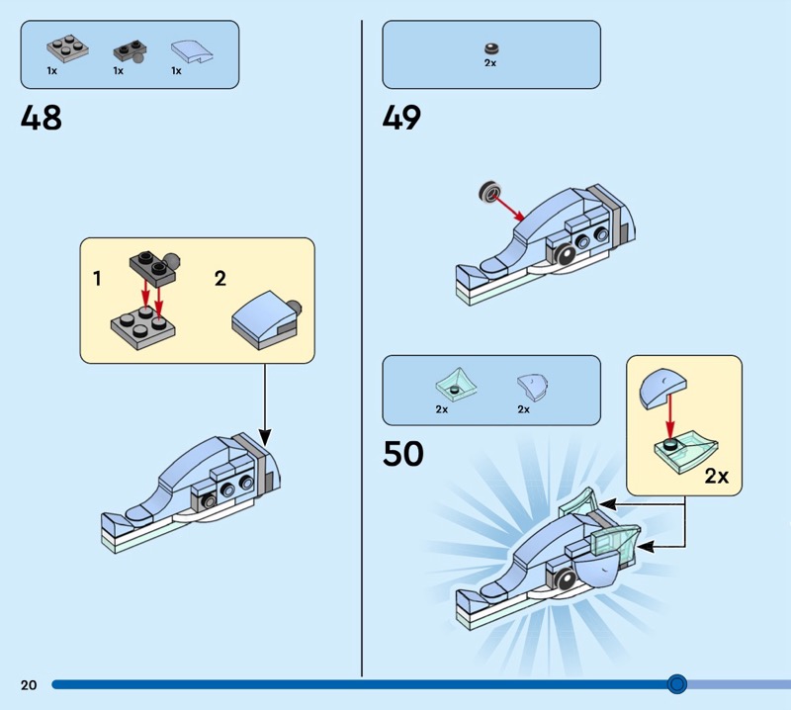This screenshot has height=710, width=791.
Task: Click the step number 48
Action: [x=41, y=118]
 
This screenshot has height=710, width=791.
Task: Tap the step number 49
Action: [x=401, y=118]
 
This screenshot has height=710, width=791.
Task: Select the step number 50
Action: [x=402, y=453]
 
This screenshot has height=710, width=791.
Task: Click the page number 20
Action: [x=28, y=684]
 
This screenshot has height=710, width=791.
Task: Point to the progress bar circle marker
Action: [x=677, y=683]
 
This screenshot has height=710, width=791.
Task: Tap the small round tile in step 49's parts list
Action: [x=490, y=46]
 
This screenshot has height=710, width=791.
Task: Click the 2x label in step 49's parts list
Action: [x=490, y=62]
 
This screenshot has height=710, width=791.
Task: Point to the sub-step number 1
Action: [x=97, y=279]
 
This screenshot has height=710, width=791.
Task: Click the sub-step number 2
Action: [x=220, y=279]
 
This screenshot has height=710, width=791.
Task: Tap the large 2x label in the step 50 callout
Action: [x=717, y=476]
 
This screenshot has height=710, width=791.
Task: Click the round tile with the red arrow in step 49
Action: [x=486, y=193]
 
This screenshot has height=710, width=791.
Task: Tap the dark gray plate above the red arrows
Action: [x=148, y=265]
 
